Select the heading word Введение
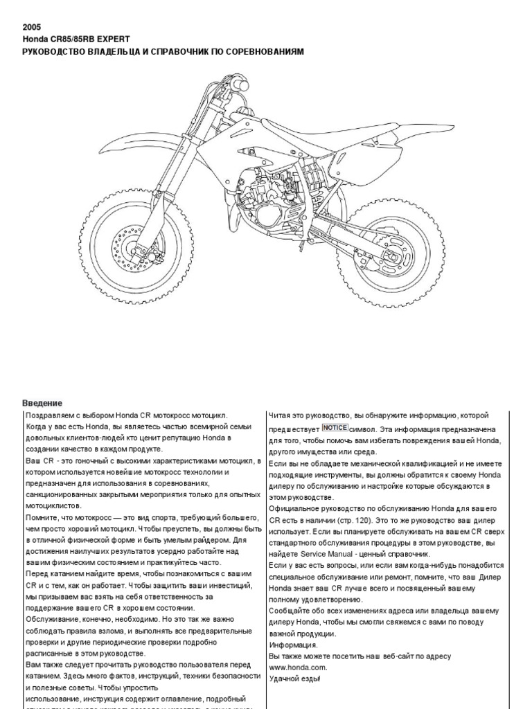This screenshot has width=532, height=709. coord(43,403)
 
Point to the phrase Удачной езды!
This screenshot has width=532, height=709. coord(294,679)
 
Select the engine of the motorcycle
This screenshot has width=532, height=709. coord(270,194)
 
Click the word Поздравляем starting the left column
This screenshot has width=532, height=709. coord(50,415)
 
